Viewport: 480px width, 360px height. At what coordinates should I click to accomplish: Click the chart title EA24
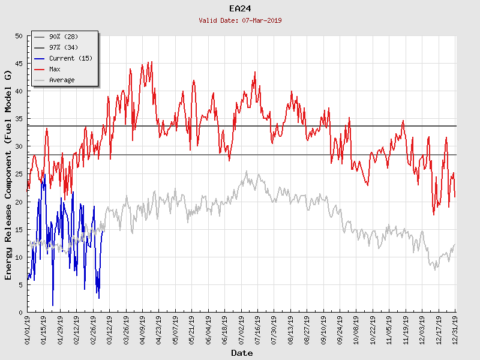[x=239, y=8]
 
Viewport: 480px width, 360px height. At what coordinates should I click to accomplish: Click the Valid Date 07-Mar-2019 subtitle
[x=239, y=20]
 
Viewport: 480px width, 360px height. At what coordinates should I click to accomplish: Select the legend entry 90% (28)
[x=64, y=37]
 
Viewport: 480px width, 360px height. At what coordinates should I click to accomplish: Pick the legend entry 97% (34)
[x=64, y=48]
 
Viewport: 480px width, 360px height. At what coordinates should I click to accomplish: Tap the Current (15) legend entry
[x=70, y=59]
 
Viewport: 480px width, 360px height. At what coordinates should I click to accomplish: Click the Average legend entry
[x=62, y=80]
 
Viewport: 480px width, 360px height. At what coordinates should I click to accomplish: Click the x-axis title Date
[x=242, y=353]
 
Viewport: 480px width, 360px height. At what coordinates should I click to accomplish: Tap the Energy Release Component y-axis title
[x=8, y=175]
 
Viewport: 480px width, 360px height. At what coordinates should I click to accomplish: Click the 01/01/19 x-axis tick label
[x=28, y=329]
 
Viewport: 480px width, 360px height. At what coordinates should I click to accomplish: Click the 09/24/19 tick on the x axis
[x=340, y=329]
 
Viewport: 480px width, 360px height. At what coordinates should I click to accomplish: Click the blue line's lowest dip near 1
[x=53, y=305]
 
